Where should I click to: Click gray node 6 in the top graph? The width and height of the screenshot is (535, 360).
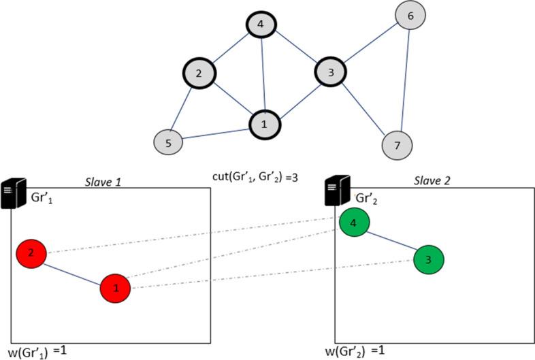410,14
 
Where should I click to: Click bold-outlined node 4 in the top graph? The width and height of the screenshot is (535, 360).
261,26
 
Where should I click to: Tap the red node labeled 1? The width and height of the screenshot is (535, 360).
115,288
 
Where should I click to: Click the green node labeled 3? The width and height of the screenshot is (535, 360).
429,259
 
